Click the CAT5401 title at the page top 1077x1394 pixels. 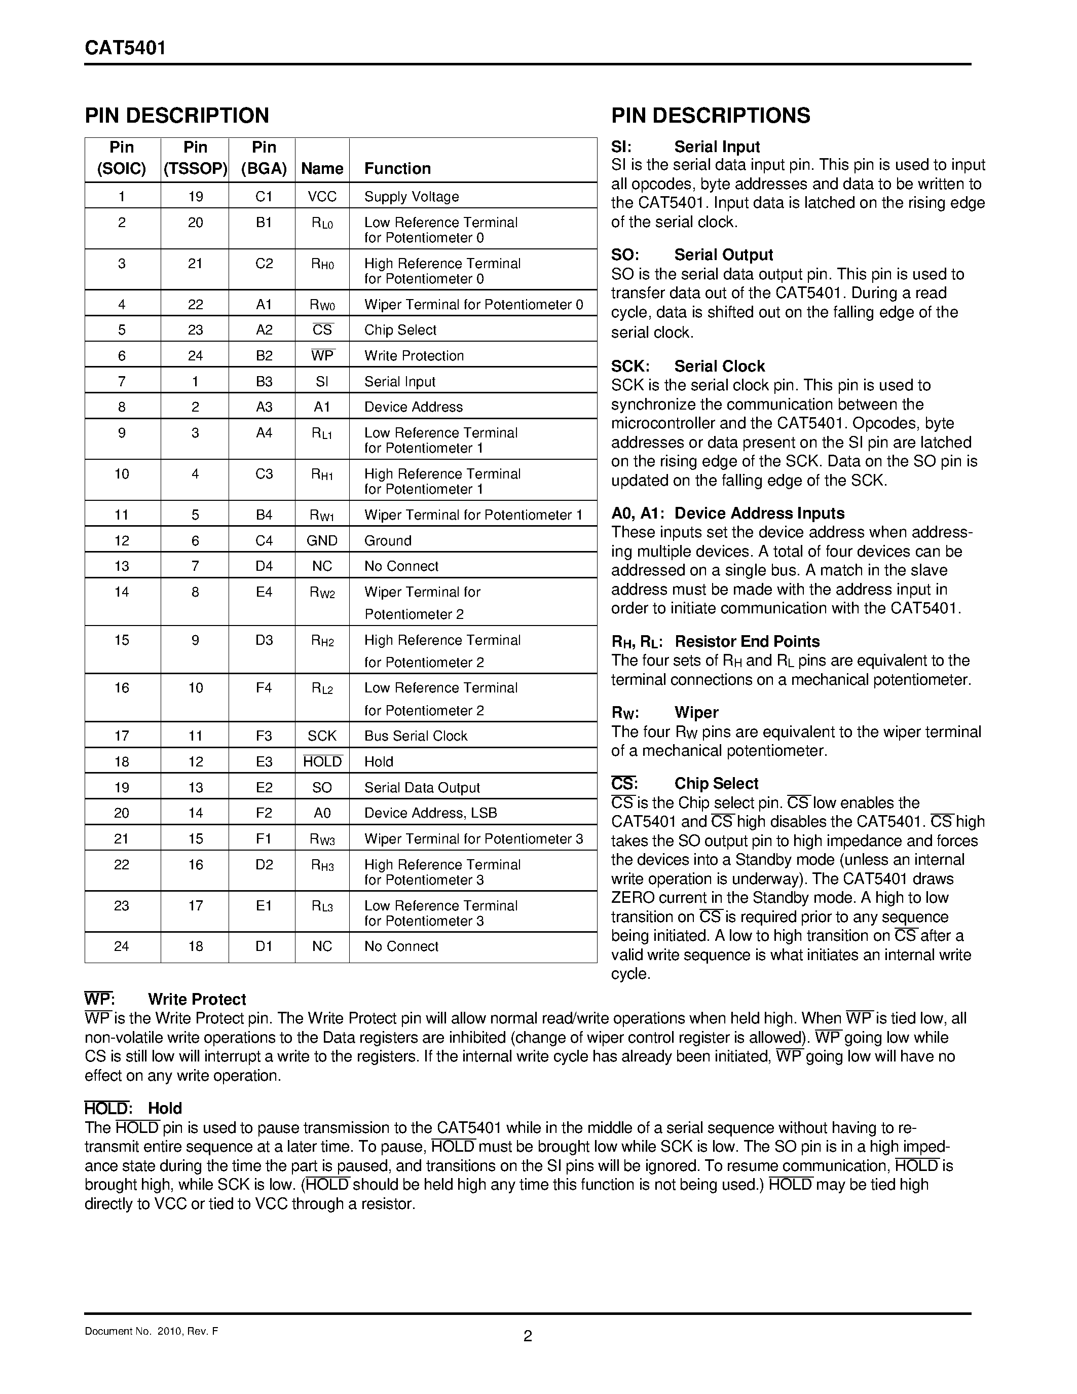pos(125,49)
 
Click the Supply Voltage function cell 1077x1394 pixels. pos(411,197)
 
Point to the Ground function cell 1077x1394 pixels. pos(387,541)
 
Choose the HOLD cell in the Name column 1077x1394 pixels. pos(322,761)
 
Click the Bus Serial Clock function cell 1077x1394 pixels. pos(416,736)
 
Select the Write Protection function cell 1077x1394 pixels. pos(414,355)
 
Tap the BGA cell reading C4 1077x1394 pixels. pos(264,541)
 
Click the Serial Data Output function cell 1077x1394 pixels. pos(422,788)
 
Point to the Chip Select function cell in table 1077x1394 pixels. pos(400,330)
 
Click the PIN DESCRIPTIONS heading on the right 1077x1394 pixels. pos(710,116)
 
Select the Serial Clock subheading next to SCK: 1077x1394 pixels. pos(719,366)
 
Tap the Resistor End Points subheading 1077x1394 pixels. pos(747,641)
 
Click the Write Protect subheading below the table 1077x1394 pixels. pos(197,1000)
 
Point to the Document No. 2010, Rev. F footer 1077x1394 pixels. pos(151,1332)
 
